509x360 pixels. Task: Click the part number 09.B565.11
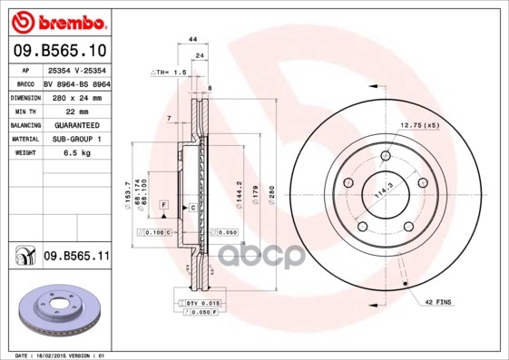click(77, 258)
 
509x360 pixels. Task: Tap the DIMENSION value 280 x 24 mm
click(76, 96)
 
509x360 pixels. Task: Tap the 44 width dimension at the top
click(192, 40)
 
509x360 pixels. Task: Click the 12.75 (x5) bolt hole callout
click(419, 125)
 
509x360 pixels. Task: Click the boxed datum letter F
click(163, 206)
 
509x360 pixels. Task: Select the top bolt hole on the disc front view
click(385, 156)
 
